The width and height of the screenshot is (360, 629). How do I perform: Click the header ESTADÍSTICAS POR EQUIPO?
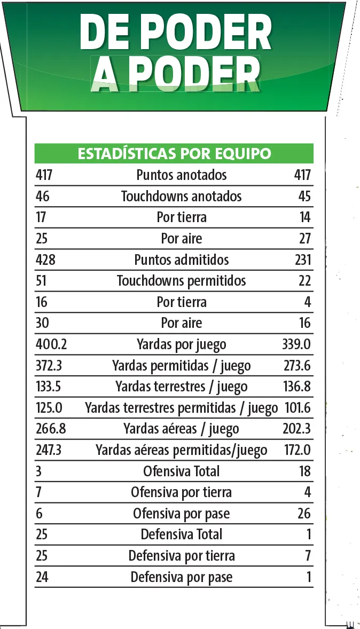(174, 154)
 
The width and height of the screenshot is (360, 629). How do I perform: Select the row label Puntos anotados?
(182, 175)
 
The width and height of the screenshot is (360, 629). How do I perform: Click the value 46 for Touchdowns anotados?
(42, 196)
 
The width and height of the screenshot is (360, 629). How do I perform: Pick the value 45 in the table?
(304, 196)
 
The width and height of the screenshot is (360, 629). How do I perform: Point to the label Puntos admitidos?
(182, 260)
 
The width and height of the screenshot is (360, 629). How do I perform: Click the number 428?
(45, 260)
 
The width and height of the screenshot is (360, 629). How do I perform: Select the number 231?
(302, 260)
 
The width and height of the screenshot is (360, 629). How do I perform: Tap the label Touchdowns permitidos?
(182, 281)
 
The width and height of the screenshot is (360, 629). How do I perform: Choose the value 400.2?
(51, 344)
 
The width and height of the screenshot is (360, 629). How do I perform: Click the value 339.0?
(296, 344)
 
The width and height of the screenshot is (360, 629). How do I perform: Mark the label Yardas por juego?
(182, 345)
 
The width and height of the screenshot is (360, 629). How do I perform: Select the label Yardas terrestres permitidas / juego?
(182, 408)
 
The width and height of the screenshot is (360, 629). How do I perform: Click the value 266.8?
(51, 429)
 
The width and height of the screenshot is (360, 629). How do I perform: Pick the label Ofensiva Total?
(182, 471)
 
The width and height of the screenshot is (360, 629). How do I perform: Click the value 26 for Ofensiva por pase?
(304, 514)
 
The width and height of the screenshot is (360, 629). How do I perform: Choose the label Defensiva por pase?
(182, 577)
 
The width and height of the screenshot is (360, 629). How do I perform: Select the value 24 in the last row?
(42, 577)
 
